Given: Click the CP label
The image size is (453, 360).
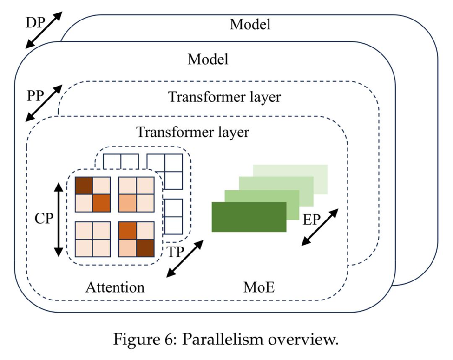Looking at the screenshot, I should point(45,219).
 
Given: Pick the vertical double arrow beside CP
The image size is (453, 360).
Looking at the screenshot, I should point(58,219).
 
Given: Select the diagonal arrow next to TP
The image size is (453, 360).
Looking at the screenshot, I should point(185,259).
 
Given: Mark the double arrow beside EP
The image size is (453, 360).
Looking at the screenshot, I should point(320,227).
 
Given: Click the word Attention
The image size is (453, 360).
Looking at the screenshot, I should point(115,287).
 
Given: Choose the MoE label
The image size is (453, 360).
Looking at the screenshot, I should point(259,287).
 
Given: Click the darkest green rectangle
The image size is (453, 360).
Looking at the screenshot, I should point(249,217).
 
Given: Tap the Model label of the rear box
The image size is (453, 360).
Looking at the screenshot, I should point(250,24).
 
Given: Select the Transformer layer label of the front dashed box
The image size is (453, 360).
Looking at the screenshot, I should point(192,132).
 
